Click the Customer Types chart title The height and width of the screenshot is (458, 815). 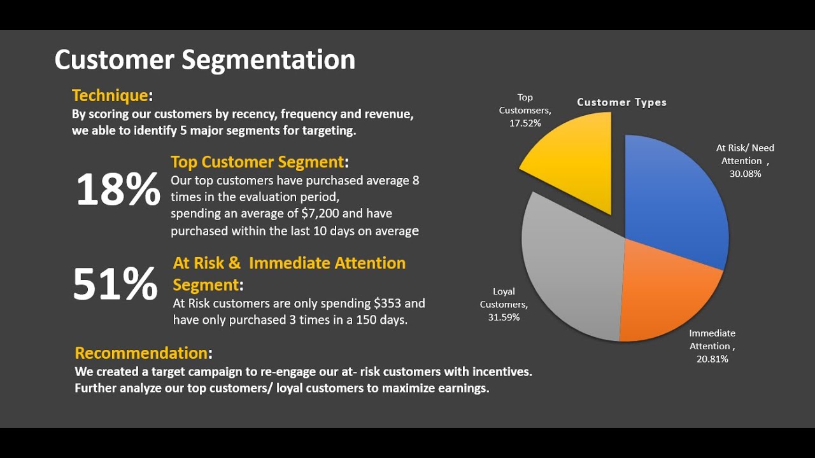[x=621, y=102]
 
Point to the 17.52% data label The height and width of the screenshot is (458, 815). [x=525, y=123]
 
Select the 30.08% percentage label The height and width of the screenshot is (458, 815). [x=745, y=174]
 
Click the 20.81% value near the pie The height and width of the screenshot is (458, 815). [x=712, y=359]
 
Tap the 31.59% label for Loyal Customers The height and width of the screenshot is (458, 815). [x=504, y=317]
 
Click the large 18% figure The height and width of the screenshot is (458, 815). [x=118, y=190]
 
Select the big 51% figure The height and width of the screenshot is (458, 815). [x=115, y=284]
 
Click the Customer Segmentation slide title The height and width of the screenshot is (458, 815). [x=204, y=60]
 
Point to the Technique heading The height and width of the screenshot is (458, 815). [x=110, y=95]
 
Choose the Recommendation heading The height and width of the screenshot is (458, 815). [x=141, y=352]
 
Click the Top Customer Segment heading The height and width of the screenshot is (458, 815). [x=257, y=162]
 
